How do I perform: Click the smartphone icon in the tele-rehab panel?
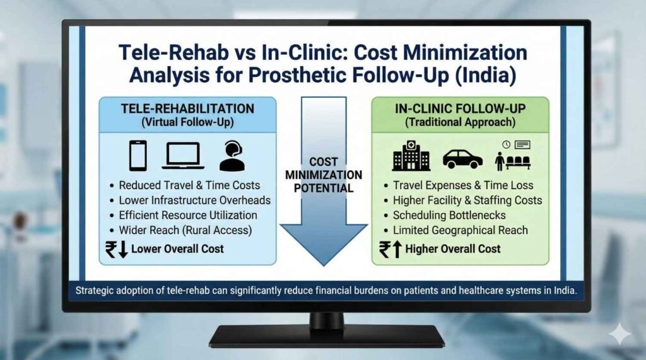(x=138, y=155)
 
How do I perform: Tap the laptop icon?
(x=182, y=156)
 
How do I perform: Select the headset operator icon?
(x=232, y=155)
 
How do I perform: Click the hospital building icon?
(x=411, y=155)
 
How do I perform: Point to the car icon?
(x=462, y=158)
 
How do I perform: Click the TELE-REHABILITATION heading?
(x=187, y=108)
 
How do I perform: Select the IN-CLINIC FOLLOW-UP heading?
(x=460, y=108)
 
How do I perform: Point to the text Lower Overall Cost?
(x=177, y=248)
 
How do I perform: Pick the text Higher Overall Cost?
(x=453, y=248)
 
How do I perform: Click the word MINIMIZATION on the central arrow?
(x=324, y=175)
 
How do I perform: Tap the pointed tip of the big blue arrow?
(x=323, y=264)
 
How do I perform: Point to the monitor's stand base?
(x=326, y=334)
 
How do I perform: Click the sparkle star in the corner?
(x=621, y=334)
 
